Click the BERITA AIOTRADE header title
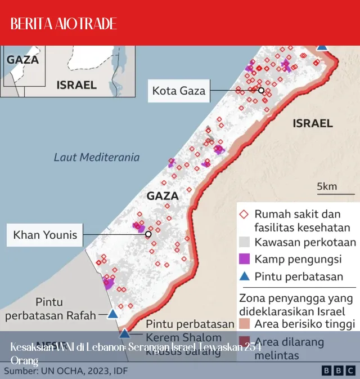pyautogui.click(x=64, y=24)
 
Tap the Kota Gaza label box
pyautogui.click(x=179, y=90)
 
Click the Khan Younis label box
pyautogui.click(x=45, y=234)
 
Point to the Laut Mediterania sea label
pyautogui.click(x=97, y=157)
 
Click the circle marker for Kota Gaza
pyautogui.click(x=261, y=90)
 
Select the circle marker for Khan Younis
pyautogui.click(x=148, y=234)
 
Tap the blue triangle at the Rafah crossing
pyautogui.click(x=112, y=314)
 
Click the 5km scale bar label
pyautogui.click(x=326, y=186)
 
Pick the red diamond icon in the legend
pyautogui.click(x=244, y=215)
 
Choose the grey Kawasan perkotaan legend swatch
pyautogui.click(x=244, y=242)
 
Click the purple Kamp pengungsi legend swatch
pyautogui.click(x=244, y=259)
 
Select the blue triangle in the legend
pyautogui.click(x=244, y=276)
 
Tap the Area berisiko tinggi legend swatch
pyautogui.click(x=244, y=324)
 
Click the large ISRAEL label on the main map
pyautogui.click(x=313, y=123)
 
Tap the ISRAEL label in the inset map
pyautogui.click(x=76, y=85)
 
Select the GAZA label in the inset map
pyautogui.click(x=22, y=59)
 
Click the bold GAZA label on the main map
pyautogui.click(x=162, y=196)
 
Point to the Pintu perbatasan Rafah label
pyautogui.click(x=50, y=309)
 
